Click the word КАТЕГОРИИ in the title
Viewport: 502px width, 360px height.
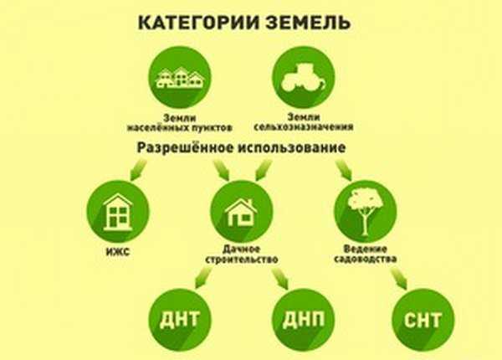[198, 23]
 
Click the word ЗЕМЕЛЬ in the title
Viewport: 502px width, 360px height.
[308, 23]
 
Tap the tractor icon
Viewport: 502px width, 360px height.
[304, 77]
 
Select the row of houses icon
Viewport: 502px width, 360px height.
[180, 78]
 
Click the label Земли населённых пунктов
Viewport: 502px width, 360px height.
[180, 123]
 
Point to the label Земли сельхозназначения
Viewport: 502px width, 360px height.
[304, 122]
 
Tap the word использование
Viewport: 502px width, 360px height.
[291, 148]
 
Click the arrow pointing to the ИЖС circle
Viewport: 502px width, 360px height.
[138, 170]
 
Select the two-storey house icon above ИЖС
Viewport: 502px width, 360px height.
[118, 212]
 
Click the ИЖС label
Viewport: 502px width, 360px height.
[118, 252]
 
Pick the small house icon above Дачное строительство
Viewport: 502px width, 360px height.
[242, 212]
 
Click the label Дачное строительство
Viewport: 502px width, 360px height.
[242, 254]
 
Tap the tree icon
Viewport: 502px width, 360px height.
[365, 211]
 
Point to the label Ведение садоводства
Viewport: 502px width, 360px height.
[366, 254]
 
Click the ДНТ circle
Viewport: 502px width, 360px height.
[180, 320]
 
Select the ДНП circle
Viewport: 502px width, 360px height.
[304, 320]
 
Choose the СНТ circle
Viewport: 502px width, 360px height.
[423, 320]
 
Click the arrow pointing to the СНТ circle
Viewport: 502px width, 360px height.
[398, 279]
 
